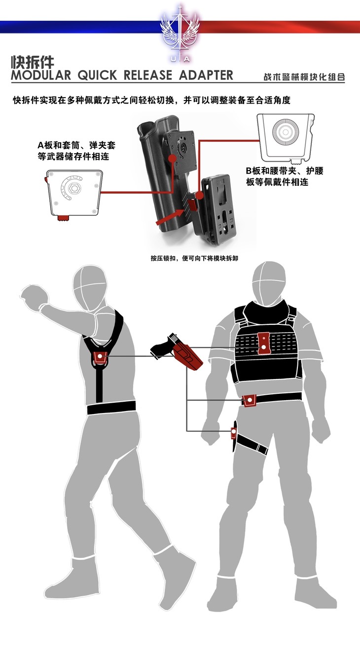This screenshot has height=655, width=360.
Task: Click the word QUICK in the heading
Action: tap(97, 75)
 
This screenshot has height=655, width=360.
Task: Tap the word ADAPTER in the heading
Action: tap(206, 75)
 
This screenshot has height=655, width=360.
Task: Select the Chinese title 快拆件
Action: tap(33, 62)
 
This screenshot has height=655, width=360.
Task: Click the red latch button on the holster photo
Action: tap(193, 204)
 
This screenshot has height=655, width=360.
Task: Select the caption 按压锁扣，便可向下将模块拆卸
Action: tap(194, 258)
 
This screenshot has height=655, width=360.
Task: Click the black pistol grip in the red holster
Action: tap(162, 347)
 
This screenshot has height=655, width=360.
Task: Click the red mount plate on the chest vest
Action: tap(264, 343)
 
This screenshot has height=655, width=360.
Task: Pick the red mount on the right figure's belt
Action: tap(250, 400)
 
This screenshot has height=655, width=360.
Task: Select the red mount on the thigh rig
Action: tap(233, 432)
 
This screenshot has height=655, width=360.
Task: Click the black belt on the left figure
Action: tap(111, 407)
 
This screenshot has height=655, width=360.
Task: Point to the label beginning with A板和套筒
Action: tap(76, 151)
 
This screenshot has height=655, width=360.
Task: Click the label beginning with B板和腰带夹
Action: tap(285, 176)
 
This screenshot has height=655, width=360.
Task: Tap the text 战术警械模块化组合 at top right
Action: tap(304, 77)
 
